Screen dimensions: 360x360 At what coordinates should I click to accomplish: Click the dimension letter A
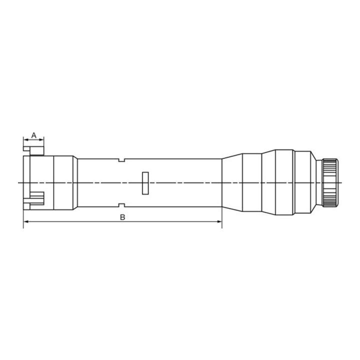click(x=34, y=135)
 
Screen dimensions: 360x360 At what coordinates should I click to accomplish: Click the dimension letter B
click(x=122, y=217)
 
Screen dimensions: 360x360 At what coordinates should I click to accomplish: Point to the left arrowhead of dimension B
click(x=26, y=221)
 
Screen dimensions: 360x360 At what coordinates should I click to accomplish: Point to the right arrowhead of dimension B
click(x=219, y=221)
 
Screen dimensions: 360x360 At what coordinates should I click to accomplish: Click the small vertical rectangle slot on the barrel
click(x=145, y=183)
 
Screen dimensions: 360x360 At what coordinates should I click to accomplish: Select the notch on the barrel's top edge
click(x=121, y=160)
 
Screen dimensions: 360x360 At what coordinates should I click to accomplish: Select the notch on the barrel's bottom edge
click(x=121, y=205)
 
